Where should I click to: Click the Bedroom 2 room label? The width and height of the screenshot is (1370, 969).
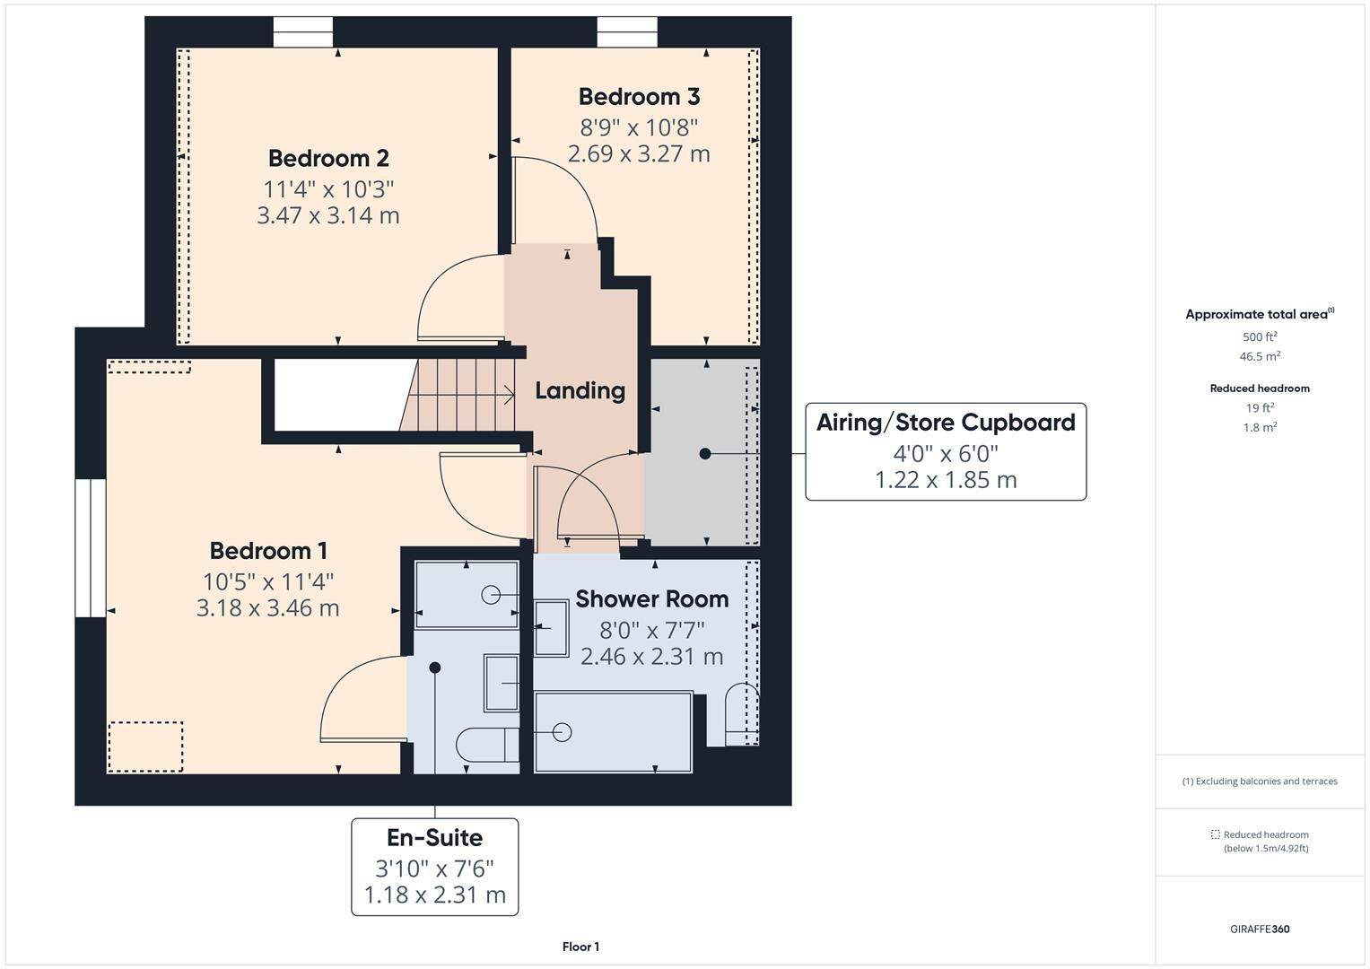point(328,158)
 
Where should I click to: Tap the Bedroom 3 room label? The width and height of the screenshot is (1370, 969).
point(639,96)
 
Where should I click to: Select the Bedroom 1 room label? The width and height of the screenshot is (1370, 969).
point(268,550)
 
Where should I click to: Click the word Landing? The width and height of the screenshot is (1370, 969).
point(580,390)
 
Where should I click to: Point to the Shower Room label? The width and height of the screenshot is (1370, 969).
point(651,598)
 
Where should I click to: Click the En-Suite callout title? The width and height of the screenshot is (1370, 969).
point(434,837)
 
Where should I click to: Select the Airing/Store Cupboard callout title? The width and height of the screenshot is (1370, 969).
point(946,423)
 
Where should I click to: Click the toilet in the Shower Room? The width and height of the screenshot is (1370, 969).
point(740,715)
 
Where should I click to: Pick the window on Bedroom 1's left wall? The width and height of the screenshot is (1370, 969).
point(90,548)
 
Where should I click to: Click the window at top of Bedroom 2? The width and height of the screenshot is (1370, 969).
point(302,32)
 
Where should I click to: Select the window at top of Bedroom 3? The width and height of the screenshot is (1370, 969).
point(627,32)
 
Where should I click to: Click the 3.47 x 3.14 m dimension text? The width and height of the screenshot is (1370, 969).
point(328,215)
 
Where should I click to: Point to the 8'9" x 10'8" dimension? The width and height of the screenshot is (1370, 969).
point(639,127)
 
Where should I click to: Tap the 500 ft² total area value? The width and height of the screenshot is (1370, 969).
point(1260,337)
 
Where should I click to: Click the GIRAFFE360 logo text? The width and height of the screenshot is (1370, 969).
point(1260,929)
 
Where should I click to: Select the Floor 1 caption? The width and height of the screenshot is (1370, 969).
point(580,947)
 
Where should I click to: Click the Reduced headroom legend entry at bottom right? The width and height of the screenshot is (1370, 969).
point(1265,841)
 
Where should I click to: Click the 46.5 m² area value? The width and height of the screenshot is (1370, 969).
point(1260,356)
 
